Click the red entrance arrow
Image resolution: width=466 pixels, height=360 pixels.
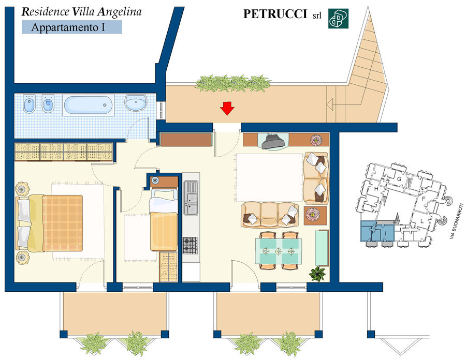coord(227,108)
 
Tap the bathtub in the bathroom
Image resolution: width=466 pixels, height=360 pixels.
coord(88,105)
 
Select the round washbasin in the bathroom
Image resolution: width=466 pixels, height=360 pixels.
coord(136,103)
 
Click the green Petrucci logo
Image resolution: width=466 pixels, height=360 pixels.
coord(338,19)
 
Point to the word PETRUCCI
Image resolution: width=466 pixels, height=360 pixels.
coord(275,14)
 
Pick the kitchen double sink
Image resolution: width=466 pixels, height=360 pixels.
coord(191,198)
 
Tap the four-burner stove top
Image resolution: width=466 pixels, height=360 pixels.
coord(190,245)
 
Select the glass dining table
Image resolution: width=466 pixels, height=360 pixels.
coord(278,251)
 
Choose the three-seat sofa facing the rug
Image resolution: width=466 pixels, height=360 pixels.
coord(270,215)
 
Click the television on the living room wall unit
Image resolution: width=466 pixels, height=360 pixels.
coord(273,142)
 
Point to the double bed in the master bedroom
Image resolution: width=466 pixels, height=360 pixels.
coord(49,223)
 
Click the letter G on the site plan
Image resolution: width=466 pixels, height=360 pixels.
coord(399,179)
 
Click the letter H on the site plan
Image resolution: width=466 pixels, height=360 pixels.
coord(376,189)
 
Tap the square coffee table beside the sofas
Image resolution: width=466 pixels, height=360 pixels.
coord(315,215)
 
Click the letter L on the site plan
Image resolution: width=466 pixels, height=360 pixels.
coord(422,221)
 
